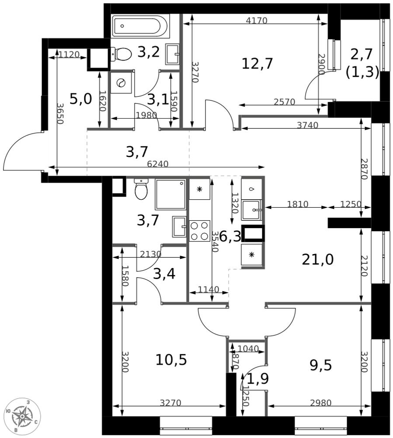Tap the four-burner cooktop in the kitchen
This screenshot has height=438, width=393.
[199, 231]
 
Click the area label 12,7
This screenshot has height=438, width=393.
[257, 64]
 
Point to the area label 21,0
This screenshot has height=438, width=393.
[318, 260]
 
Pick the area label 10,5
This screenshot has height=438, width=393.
[171, 360]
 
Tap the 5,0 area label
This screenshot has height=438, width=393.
[81, 99]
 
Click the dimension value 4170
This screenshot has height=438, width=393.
[256, 20]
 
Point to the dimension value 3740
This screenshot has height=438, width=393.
[307, 125]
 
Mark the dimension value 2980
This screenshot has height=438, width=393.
[320, 403]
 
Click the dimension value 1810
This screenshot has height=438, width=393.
[298, 204]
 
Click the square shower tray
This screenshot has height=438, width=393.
[170, 194]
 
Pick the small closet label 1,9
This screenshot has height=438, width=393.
[258, 379]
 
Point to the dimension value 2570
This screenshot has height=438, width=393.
[284, 102]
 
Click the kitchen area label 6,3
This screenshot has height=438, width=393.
[230, 237]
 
